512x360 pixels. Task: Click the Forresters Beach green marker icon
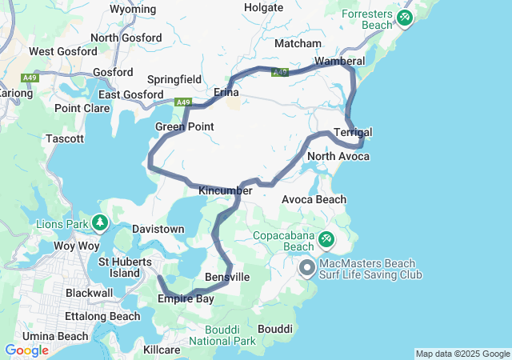coord(404,16)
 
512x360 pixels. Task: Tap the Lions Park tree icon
coord(100,222)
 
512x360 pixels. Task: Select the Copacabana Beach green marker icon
coord(326,238)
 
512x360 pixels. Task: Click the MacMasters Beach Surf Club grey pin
coord(306,268)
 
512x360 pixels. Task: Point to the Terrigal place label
coord(353,132)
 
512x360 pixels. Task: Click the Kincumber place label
coord(226,190)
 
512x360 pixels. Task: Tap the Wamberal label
coord(339,61)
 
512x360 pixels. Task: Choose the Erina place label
coord(226,93)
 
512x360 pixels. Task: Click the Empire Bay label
coord(186,299)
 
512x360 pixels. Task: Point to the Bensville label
coord(228,277)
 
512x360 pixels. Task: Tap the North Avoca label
coord(338,156)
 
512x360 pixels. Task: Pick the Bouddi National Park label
coord(230,335)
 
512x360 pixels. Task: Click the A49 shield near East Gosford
coord(184,102)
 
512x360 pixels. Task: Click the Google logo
coord(26,350)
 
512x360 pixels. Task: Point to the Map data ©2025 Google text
coord(462,354)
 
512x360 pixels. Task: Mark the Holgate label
coord(264,7)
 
